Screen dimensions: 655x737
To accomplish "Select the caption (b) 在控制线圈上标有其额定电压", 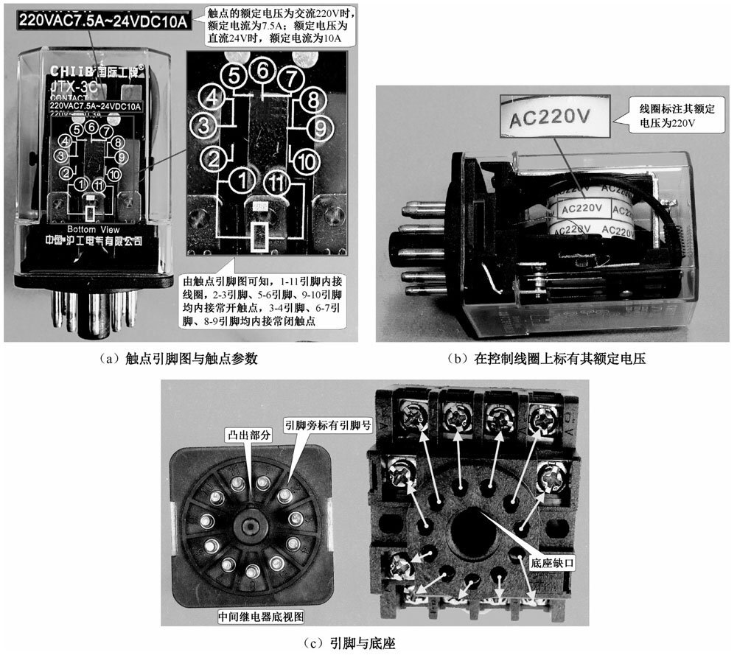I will click(x=551, y=359).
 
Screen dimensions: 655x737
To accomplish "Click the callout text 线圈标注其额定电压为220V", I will click(x=673, y=118).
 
